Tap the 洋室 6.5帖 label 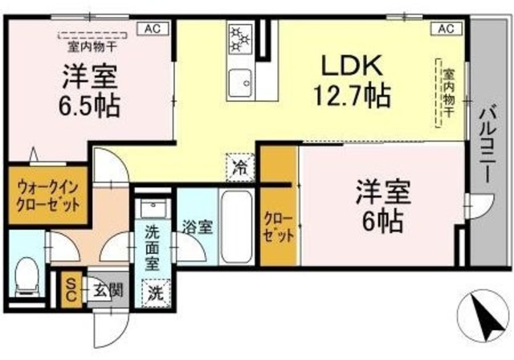[x=90, y=91]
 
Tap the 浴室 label [x=196, y=227]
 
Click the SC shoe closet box [x=70, y=288]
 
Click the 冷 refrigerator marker [x=239, y=167]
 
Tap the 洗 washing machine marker [x=155, y=292]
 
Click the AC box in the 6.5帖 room [x=152, y=28]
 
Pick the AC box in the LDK [x=447, y=28]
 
